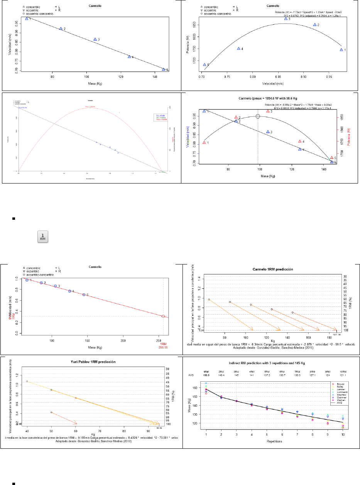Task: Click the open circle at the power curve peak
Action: [x=258, y=116]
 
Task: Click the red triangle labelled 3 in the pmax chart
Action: [x=268, y=111]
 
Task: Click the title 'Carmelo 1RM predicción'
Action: [x=270, y=269]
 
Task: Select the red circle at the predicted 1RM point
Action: [x=163, y=316]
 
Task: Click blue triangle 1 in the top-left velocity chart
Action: [x=27, y=19]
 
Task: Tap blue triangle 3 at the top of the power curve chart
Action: [x=286, y=19]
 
